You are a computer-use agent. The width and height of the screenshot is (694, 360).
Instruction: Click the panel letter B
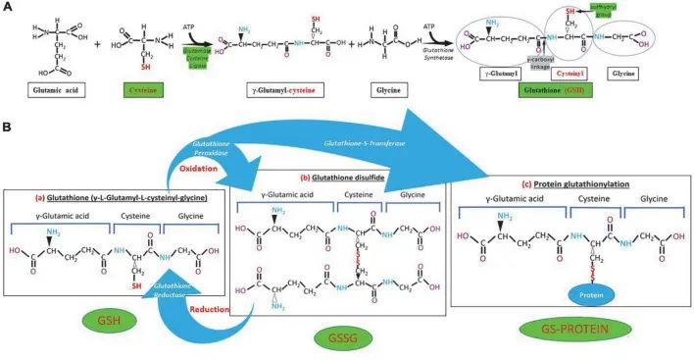8,127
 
